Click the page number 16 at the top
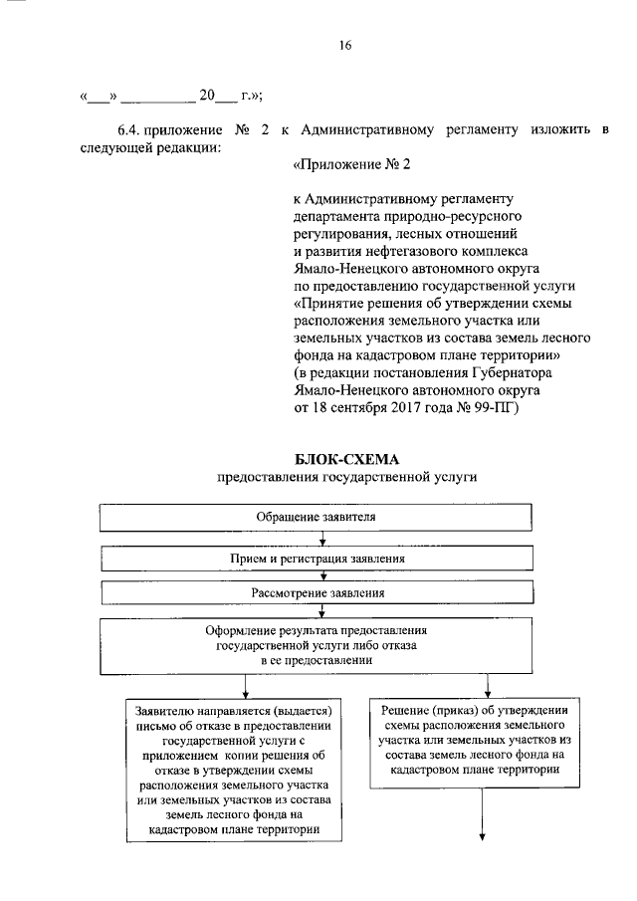click(x=344, y=45)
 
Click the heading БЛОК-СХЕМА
click(x=347, y=460)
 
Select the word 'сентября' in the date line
click(x=371, y=408)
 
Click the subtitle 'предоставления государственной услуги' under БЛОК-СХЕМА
click(x=347, y=478)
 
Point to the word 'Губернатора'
click(x=527, y=372)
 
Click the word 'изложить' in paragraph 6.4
click(x=548, y=130)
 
